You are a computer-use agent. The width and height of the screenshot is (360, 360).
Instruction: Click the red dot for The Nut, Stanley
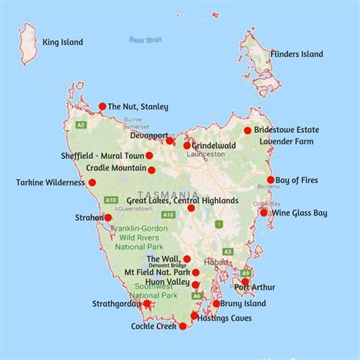click(103, 106)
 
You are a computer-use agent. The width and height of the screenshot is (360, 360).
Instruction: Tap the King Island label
click(62, 43)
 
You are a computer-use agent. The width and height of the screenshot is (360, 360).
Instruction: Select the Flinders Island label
click(297, 54)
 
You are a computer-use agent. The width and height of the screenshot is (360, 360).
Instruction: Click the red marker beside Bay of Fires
click(270, 180)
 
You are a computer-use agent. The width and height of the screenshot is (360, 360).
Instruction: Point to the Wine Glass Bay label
click(301, 213)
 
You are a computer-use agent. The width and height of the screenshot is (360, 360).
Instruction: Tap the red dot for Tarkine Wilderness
click(92, 182)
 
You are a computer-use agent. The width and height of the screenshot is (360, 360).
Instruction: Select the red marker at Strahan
click(108, 217)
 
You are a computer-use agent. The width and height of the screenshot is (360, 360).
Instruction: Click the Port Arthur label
click(254, 287)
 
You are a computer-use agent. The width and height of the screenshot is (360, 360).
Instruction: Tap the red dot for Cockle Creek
click(182, 326)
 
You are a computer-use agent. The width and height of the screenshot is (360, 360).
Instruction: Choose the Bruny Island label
click(245, 304)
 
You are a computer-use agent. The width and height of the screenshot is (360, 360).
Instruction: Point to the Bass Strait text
click(146, 39)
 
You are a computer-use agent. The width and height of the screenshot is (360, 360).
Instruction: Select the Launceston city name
click(206, 153)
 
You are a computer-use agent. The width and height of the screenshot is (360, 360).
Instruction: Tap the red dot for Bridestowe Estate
click(248, 131)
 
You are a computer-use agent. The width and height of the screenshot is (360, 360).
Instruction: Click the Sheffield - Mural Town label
click(102, 156)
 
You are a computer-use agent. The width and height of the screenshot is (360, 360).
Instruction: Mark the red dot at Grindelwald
click(187, 145)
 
